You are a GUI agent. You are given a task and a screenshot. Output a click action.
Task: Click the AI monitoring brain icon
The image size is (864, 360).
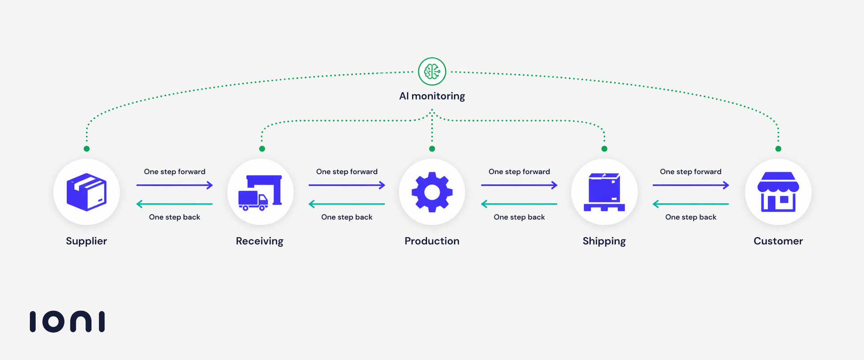(x=432, y=71)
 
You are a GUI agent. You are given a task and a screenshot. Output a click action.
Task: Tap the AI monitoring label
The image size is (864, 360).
(x=432, y=96)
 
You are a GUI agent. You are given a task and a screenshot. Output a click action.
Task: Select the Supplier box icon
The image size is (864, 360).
(x=87, y=192)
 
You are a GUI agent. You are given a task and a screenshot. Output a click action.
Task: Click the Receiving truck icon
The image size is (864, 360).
(x=260, y=192)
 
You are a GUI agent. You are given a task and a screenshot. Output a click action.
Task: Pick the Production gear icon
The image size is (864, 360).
(x=432, y=192)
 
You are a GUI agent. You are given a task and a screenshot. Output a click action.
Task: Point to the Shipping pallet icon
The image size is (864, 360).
(x=604, y=192)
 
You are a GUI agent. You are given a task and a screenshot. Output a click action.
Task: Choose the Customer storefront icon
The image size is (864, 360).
(x=778, y=192)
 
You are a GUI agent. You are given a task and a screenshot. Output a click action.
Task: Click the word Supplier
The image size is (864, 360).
(x=86, y=241)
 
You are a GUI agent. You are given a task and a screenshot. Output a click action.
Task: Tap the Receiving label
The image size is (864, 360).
(x=259, y=241)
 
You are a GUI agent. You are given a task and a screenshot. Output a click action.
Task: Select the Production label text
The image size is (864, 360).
(x=432, y=241)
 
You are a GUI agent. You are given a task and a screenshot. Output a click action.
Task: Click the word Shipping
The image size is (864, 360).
(x=604, y=241)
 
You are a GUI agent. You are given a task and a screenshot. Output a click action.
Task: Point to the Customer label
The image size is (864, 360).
(x=778, y=241)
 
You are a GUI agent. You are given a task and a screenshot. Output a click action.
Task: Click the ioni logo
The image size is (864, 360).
(x=67, y=321)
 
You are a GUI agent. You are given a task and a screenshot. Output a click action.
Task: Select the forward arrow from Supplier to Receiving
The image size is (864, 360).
(x=174, y=185)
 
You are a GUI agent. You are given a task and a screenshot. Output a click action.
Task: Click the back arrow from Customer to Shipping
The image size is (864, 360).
(x=690, y=204)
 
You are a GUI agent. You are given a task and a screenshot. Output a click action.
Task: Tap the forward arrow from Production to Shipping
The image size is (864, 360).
(x=519, y=185)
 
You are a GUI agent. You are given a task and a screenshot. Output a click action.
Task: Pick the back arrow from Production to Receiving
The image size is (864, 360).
(x=347, y=204)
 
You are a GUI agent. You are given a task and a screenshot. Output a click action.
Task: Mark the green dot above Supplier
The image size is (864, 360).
(x=87, y=149)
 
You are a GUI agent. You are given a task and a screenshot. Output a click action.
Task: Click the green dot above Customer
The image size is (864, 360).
(x=778, y=149)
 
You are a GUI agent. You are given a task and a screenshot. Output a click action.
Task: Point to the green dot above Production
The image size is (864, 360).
(x=432, y=149)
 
